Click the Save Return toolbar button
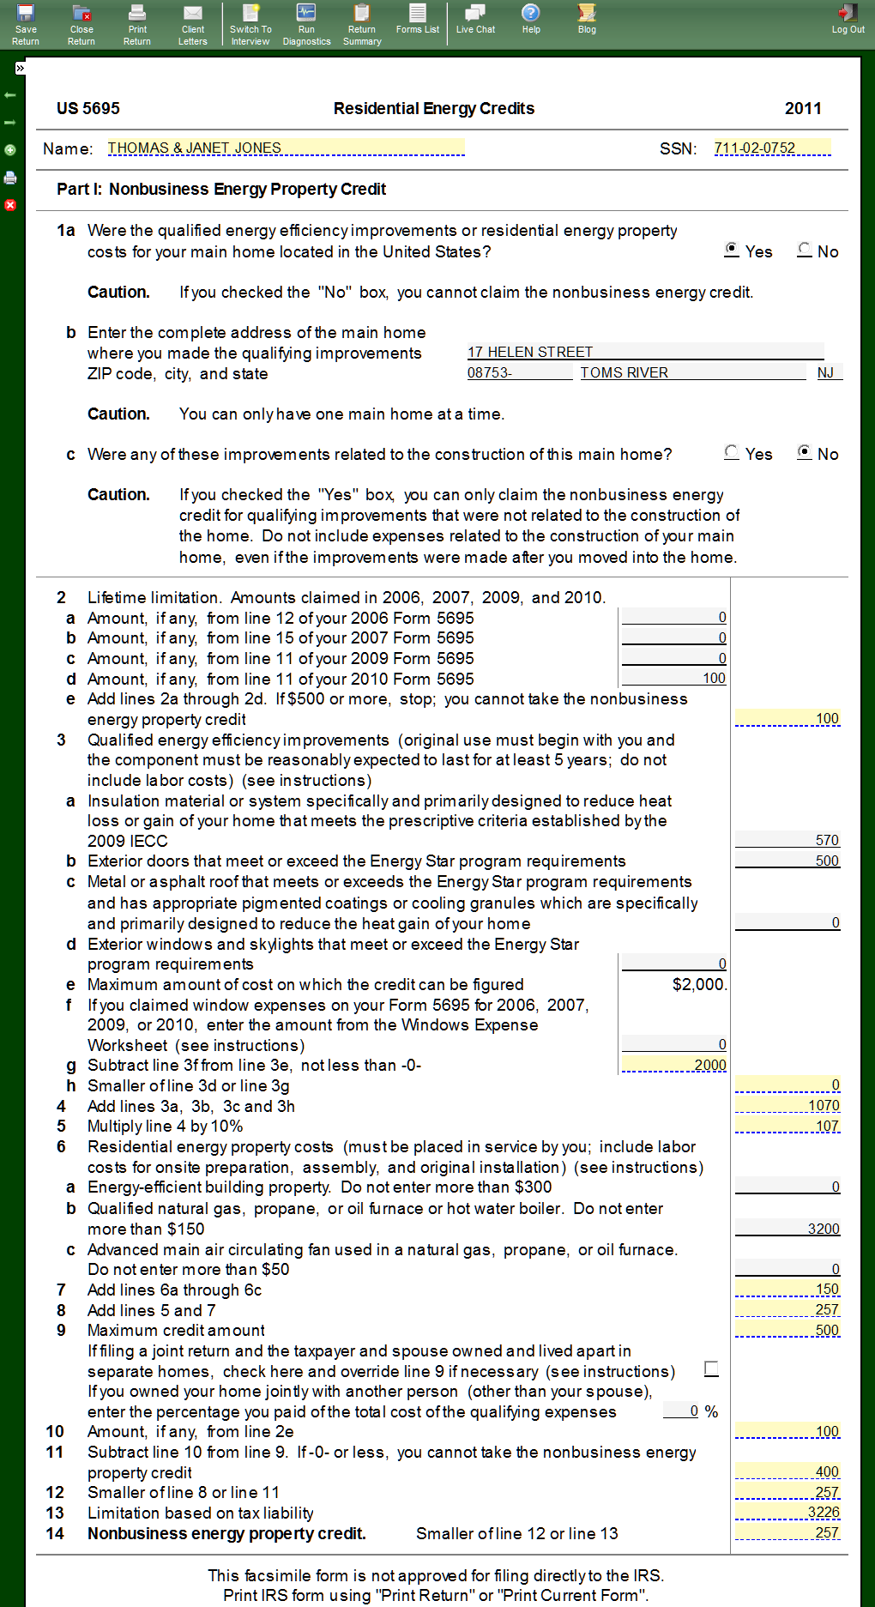(x=26, y=24)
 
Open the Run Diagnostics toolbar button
(x=306, y=24)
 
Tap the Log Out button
(x=848, y=19)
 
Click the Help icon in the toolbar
(x=531, y=19)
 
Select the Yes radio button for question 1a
(x=732, y=250)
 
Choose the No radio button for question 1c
(x=805, y=452)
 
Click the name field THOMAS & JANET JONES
(x=286, y=148)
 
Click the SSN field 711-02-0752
(x=772, y=148)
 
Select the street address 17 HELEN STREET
(x=645, y=352)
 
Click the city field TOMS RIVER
(x=692, y=372)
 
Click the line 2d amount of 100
(x=674, y=678)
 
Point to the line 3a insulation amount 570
(x=787, y=840)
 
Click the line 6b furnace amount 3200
(x=787, y=1229)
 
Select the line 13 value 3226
(x=787, y=1512)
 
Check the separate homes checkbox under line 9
(x=711, y=1368)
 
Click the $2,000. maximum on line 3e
(x=699, y=984)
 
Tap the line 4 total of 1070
(x=787, y=1105)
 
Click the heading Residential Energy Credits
(x=434, y=108)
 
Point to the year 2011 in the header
(x=803, y=108)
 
